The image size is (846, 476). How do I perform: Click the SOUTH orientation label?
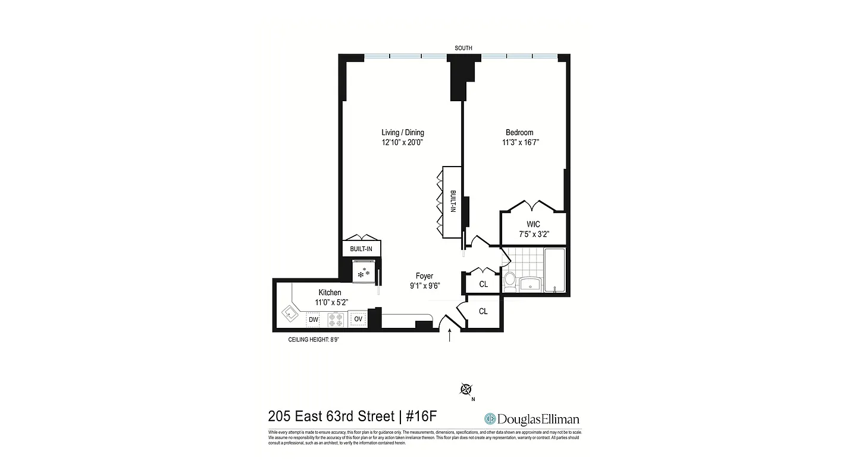[463, 48]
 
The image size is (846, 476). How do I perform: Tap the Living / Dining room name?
[403, 133]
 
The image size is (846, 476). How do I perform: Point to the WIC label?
[534, 224]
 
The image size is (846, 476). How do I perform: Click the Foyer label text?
[424, 276]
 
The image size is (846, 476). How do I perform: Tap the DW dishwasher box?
[313, 320]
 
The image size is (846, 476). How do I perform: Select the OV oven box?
[358, 320]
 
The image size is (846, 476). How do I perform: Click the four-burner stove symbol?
[336, 320]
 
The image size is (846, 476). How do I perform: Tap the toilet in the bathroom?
[510, 281]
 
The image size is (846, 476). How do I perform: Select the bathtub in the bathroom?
[555, 270]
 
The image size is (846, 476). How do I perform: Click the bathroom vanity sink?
[529, 284]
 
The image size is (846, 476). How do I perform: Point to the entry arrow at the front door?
[449, 336]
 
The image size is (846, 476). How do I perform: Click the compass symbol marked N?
[466, 390]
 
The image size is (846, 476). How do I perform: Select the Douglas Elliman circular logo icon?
[490, 419]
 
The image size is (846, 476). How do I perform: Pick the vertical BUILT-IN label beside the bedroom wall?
[452, 202]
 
